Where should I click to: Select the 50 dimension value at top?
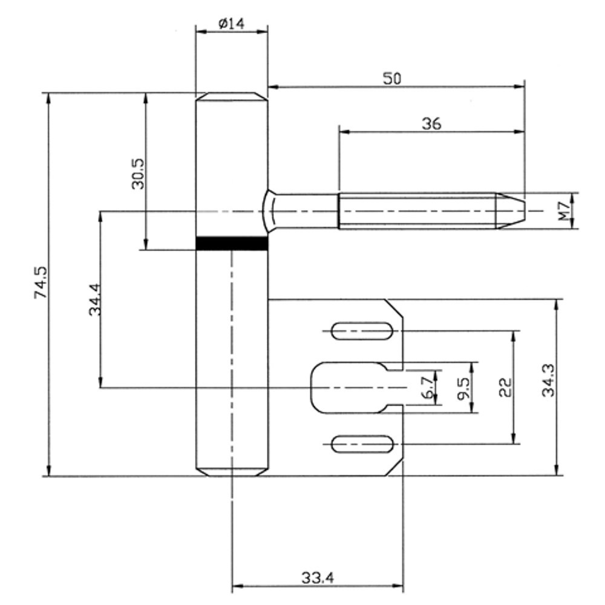pos(391,77)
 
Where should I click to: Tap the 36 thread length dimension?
pos(431,123)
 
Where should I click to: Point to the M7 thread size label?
pos(563,211)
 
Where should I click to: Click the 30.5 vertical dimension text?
pos(138,174)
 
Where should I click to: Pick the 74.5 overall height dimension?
pos(41,283)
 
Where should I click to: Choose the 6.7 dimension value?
pos(428,387)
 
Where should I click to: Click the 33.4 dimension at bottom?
pos(318,578)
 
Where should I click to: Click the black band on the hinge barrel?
pos(232,243)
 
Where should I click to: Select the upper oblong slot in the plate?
pos(362,331)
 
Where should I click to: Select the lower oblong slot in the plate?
pos(362,445)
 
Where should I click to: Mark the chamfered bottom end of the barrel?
pos(232,471)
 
